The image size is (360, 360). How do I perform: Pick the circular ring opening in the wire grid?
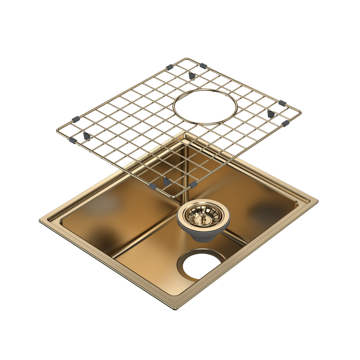(x=205, y=106)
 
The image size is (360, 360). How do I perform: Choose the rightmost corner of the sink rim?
(x=319, y=200)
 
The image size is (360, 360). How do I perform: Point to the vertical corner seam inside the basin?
(x=185, y=169)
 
